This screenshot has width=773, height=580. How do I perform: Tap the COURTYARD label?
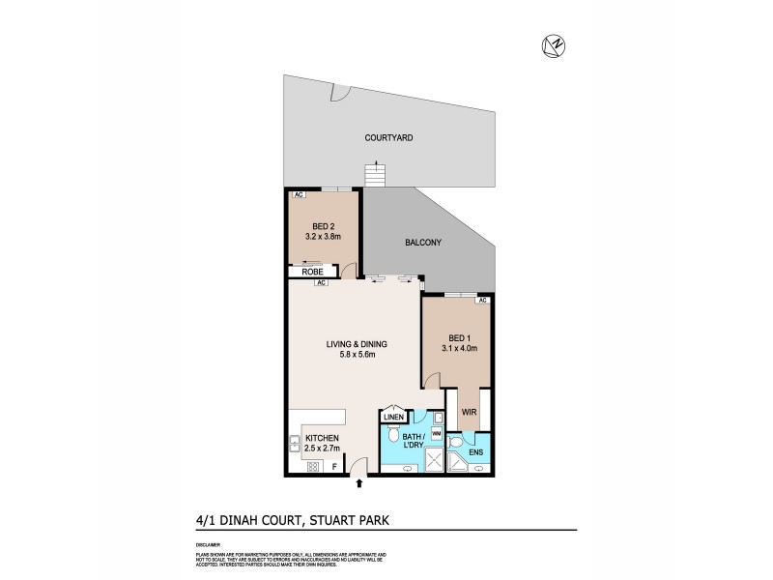point(388,138)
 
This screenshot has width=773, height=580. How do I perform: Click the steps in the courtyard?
point(374,176)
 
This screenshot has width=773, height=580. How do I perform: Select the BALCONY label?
point(424,243)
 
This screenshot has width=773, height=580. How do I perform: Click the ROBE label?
point(313,273)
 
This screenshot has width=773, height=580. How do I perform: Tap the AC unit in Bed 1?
point(481,300)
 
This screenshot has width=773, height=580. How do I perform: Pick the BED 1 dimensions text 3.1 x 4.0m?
point(460,348)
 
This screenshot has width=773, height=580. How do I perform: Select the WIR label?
point(471,411)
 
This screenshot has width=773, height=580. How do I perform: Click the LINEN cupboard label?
point(392,418)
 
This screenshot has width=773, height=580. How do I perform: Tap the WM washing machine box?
point(437,434)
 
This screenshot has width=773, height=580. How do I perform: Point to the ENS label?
point(476,450)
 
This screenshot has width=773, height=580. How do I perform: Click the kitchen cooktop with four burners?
point(313,467)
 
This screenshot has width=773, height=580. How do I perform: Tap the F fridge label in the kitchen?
point(334,467)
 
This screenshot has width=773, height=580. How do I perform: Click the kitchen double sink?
point(294,444)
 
